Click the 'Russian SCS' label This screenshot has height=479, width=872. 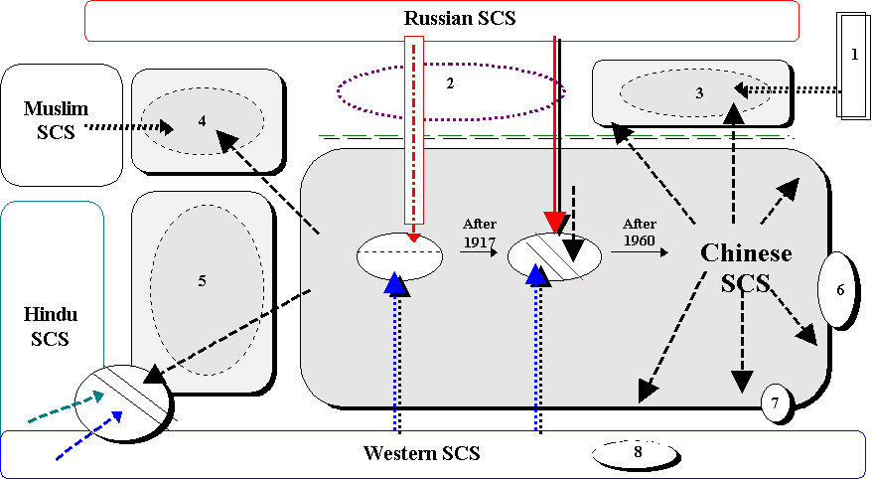pyautogui.click(x=460, y=18)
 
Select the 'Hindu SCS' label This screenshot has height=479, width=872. pyautogui.click(x=50, y=326)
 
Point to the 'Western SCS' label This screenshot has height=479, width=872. pyautogui.click(x=421, y=453)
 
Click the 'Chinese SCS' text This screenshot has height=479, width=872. pyautogui.click(x=746, y=267)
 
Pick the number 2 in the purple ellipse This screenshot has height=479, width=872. pyautogui.click(x=449, y=82)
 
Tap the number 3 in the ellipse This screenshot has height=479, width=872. pyautogui.click(x=699, y=93)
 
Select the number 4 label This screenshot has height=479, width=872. pyautogui.click(x=202, y=121)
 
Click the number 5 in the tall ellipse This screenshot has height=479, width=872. pyautogui.click(x=202, y=281)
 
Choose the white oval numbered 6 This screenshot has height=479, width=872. pyautogui.click(x=836, y=289)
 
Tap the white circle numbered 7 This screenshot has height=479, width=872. pyautogui.click(x=776, y=402)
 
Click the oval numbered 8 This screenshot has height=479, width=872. pyautogui.click(x=637, y=452)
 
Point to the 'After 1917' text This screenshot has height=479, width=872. pyautogui.click(x=480, y=233)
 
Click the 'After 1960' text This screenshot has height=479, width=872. pyautogui.click(x=640, y=233)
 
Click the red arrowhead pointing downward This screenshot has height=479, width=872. pyautogui.click(x=554, y=225)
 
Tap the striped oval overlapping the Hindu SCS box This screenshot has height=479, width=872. pyautogui.click(x=124, y=400)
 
